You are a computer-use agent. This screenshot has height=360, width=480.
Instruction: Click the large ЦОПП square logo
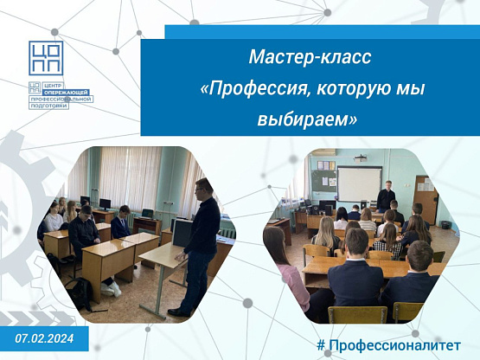[x=46, y=58]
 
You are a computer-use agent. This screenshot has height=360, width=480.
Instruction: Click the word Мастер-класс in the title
[x=310, y=57]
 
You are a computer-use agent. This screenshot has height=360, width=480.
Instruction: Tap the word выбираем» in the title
[x=307, y=119]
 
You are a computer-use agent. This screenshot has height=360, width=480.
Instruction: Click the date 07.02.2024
[x=44, y=338]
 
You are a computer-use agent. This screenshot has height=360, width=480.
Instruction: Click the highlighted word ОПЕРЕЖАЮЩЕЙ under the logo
[x=66, y=93]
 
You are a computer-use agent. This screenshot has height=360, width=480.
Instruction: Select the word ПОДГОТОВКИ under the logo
[x=49, y=106]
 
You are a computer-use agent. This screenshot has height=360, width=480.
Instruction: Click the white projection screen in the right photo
[x=360, y=183]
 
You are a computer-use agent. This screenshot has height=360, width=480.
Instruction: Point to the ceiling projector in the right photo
[x=361, y=158]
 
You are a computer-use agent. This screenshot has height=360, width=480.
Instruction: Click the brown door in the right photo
[x=426, y=200]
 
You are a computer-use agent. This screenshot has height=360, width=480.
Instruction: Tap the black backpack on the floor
[x=80, y=294]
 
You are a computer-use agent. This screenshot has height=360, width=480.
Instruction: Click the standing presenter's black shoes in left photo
[x=178, y=312]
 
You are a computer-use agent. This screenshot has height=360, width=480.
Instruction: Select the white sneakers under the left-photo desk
[x=111, y=289]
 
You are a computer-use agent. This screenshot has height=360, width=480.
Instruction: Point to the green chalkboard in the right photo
[x=323, y=181]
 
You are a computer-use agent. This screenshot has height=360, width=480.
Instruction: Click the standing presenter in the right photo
[x=386, y=196]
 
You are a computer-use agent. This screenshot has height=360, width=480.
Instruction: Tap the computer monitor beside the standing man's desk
[x=182, y=233]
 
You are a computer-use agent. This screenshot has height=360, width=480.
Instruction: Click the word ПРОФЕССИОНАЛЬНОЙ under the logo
[x=61, y=100]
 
